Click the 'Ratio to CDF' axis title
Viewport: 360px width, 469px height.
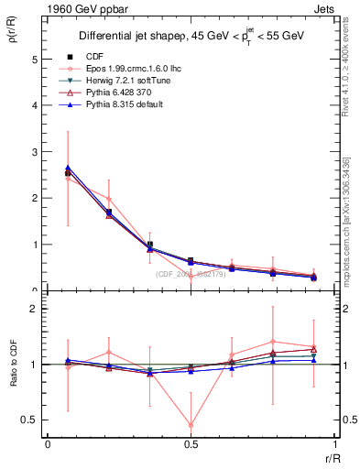pyautogui.click(x=12, y=376)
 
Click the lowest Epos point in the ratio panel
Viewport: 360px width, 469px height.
pyautogui.click(x=191, y=425)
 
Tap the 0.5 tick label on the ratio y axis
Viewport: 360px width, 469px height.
pyautogui.click(x=29, y=420)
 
